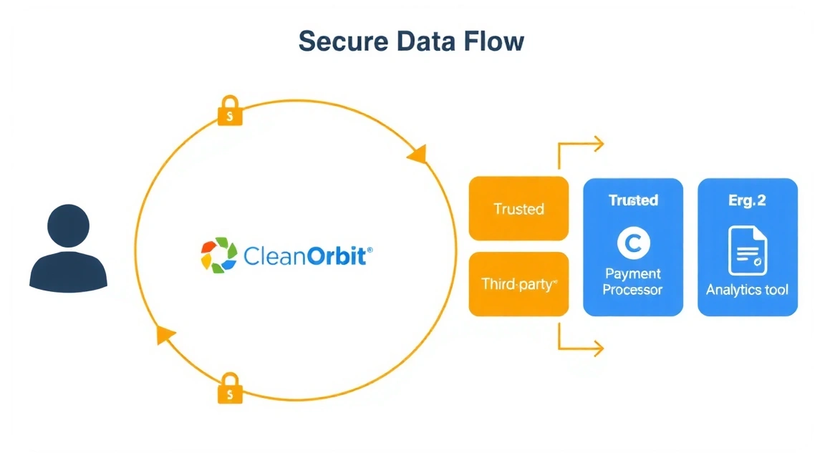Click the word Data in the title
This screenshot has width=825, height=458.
pyautogui.click(x=427, y=42)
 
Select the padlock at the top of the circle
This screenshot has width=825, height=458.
pyautogui.click(x=230, y=110)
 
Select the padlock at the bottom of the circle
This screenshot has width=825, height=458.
pyautogui.click(x=230, y=388)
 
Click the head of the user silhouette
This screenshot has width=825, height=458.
pyautogui.click(x=68, y=225)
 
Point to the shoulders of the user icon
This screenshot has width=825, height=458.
pyautogui.click(x=68, y=271)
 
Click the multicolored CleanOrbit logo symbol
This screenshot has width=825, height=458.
pyautogui.click(x=218, y=255)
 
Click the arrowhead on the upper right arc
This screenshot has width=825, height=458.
pyautogui.click(x=417, y=155)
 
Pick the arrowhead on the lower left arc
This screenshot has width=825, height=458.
pyautogui.click(x=166, y=334)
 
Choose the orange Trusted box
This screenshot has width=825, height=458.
pyautogui.click(x=518, y=209)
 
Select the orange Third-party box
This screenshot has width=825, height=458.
pyautogui.click(x=518, y=284)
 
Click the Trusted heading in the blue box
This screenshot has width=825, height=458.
pyautogui.click(x=633, y=200)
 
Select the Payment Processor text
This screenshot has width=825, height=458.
pyautogui.click(x=633, y=282)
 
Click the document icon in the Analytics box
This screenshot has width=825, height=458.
pyautogui.click(x=748, y=251)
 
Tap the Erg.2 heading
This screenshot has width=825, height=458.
pyautogui.click(x=747, y=200)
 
